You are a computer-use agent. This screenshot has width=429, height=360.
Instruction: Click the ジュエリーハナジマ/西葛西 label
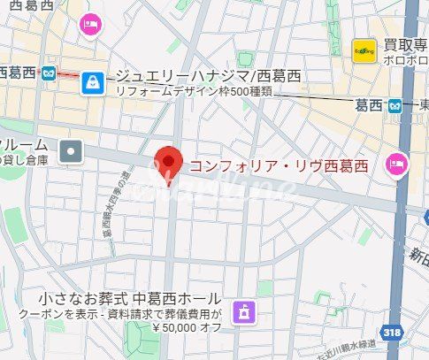tap(209, 78)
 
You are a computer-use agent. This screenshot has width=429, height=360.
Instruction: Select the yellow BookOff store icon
tap(363, 50)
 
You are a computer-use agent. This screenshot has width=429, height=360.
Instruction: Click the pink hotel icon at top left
tap(90, 24)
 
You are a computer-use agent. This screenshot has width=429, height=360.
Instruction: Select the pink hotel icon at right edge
tap(396, 162)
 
